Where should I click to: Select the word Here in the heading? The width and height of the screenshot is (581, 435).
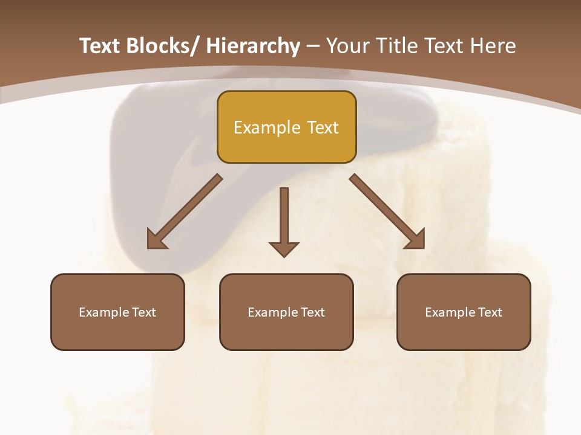[x=493, y=47]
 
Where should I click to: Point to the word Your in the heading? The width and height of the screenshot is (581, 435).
[x=347, y=47]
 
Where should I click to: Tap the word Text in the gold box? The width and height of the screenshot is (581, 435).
[x=322, y=127]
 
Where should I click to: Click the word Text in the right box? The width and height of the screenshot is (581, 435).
[x=489, y=312]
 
